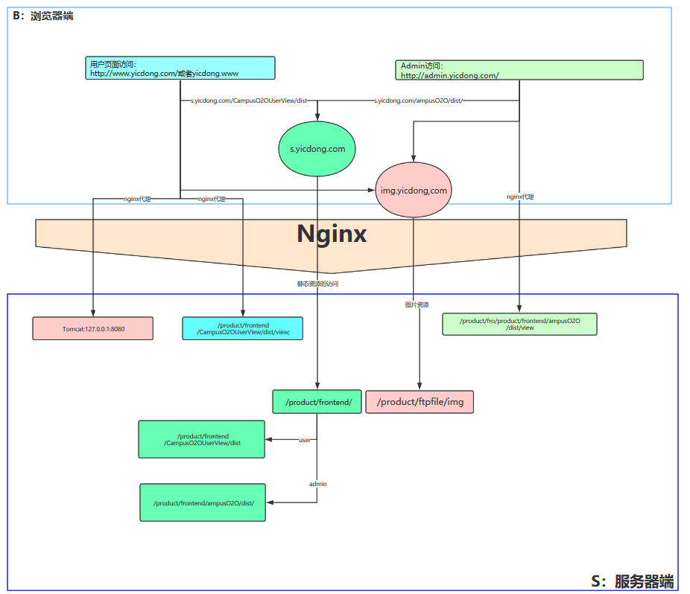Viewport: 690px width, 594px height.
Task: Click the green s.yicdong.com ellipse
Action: (x=317, y=149)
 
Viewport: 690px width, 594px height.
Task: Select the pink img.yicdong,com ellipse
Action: (x=414, y=191)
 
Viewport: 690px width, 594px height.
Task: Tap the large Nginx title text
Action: (x=332, y=234)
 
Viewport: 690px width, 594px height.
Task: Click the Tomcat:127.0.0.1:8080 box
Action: (x=93, y=328)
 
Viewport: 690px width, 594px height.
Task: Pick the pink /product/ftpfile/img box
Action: (x=420, y=402)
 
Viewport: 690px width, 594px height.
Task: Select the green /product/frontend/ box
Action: (x=317, y=402)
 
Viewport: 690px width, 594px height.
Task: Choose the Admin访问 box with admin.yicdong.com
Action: (x=519, y=70)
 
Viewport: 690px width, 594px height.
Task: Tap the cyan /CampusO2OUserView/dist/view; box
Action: (x=243, y=329)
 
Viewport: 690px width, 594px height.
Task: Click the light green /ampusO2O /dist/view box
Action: (x=519, y=324)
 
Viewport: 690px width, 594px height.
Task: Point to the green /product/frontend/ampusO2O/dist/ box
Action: (x=203, y=502)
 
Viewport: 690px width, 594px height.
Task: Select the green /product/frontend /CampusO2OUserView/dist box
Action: (x=202, y=439)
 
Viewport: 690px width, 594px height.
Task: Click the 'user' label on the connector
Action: (x=304, y=440)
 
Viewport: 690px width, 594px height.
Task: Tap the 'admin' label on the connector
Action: (x=317, y=484)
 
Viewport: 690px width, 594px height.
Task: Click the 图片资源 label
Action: (x=417, y=304)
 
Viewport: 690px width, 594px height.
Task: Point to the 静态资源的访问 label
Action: (x=318, y=284)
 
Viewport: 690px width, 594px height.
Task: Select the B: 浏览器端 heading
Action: (x=42, y=16)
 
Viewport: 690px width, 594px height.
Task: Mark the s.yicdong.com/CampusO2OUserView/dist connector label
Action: (x=250, y=100)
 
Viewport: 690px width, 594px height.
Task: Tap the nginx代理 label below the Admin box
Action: (x=519, y=197)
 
